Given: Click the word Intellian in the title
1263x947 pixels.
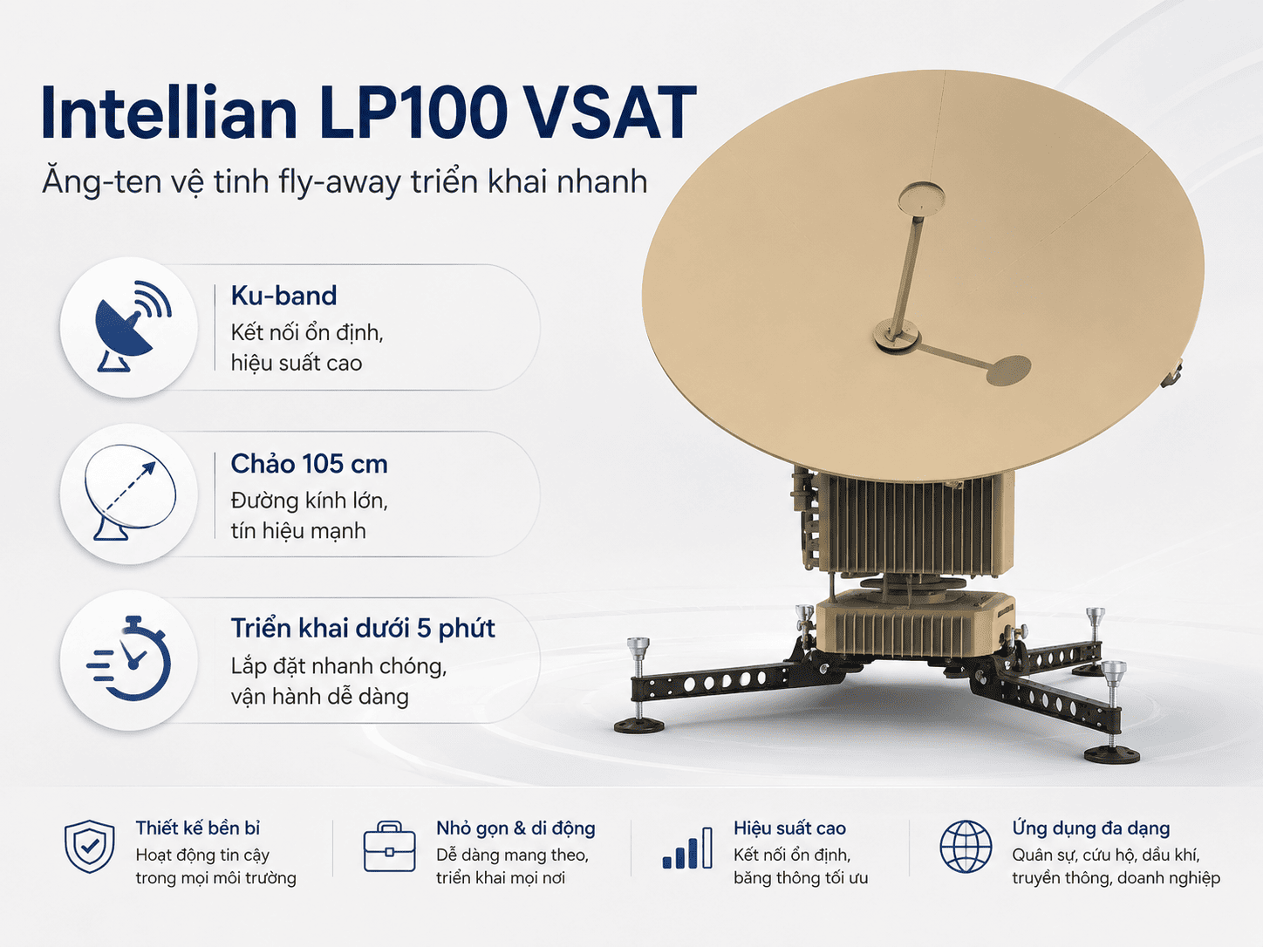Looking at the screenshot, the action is [169, 112].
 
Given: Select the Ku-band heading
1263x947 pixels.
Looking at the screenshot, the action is [283, 296].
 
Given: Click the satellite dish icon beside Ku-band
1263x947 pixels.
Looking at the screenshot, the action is [133, 326].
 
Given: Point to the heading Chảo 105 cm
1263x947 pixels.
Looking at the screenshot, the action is [309, 463].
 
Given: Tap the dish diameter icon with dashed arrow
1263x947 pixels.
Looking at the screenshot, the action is [130, 493].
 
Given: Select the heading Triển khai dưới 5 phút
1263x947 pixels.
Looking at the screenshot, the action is [363, 629].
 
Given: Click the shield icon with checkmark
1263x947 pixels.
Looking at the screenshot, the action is [89, 847].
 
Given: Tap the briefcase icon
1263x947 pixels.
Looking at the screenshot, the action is [389, 847].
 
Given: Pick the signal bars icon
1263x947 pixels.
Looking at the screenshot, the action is [687, 848].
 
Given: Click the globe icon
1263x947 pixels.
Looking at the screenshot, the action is [966, 847].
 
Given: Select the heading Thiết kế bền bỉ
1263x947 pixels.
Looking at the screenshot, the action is [198, 828].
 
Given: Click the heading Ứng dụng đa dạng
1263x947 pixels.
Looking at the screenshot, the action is [1091, 828].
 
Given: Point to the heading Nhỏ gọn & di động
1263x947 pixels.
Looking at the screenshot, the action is [515, 828].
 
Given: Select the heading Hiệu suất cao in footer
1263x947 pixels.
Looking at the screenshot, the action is [789, 828].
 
